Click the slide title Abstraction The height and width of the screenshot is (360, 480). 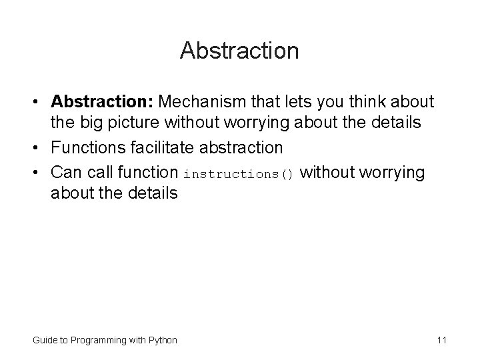point(239,51)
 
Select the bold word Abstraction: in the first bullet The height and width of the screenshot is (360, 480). point(102,102)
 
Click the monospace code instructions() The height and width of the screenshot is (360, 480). point(238,174)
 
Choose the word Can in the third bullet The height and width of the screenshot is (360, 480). point(65,173)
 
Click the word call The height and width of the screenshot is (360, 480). point(97,173)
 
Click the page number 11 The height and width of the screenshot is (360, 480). point(441,340)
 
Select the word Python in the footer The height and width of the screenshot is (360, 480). point(163,340)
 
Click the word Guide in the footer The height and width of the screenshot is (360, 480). point(44,340)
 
